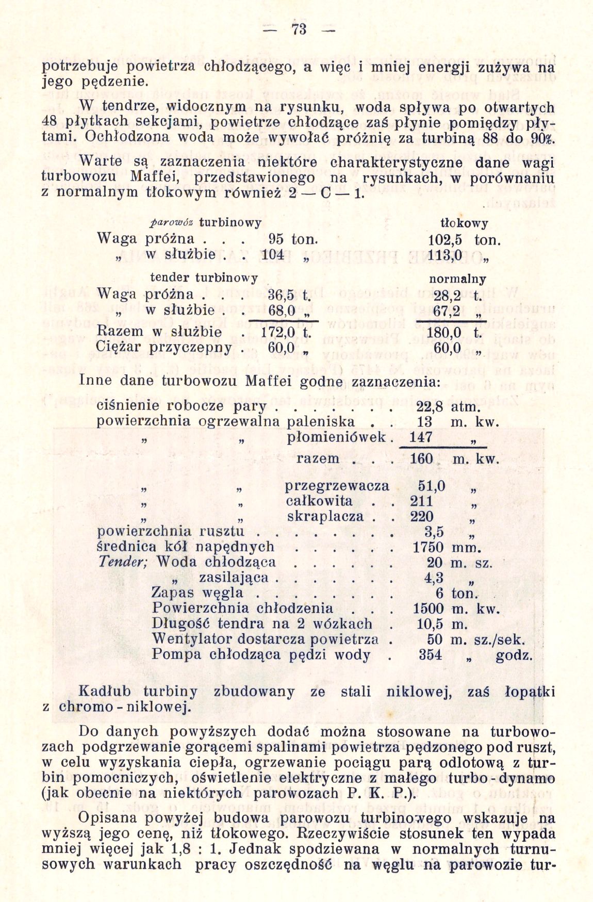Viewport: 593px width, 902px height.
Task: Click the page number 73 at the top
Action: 299,30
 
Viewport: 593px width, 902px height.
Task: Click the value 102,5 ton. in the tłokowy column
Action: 464,240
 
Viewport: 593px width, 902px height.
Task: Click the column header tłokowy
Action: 464,223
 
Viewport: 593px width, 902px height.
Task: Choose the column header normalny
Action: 457,279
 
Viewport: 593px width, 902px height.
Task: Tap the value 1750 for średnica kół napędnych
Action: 428,547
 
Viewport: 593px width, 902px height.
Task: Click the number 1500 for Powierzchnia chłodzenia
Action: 428,609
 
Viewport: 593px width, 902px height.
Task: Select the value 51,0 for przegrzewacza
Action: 432,486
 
